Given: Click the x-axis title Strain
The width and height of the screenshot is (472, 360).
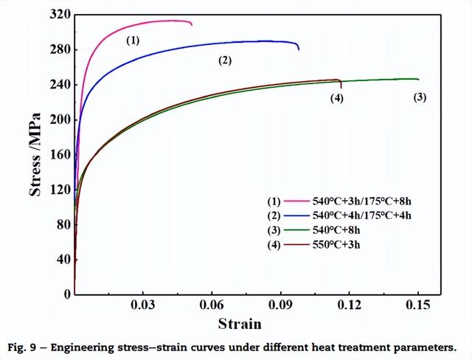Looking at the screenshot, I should [x=240, y=324].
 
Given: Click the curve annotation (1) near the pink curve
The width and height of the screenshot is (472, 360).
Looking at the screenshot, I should [x=133, y=41].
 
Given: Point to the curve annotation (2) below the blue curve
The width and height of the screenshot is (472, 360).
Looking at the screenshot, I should [x=225, y=60].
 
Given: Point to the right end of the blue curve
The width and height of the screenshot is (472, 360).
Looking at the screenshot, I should [x=299, y=49].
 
